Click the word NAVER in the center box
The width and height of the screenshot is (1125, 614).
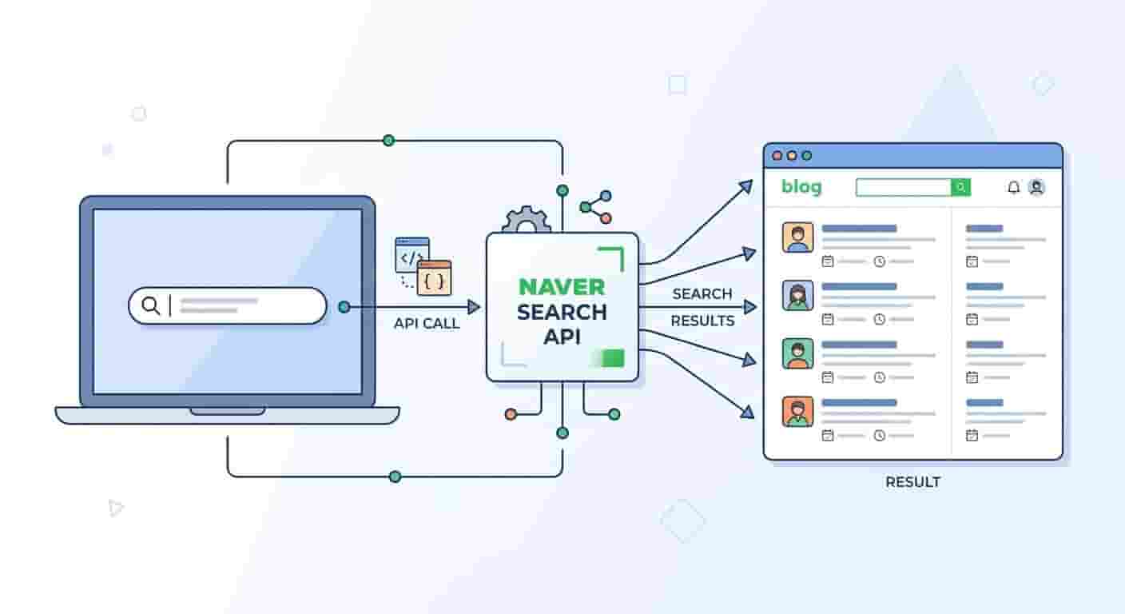[x=562, y=287]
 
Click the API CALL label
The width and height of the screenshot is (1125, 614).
[x=427, y=323]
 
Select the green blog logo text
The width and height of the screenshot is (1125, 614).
[x=801, y=186]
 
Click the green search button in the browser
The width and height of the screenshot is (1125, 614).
[x=960, y=187]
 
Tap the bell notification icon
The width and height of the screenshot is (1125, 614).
[x=1013, y=187]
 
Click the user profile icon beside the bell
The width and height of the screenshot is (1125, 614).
[x=1036, y=187]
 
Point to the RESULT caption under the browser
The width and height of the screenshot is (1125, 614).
[x=912, y=482]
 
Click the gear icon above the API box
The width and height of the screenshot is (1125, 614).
[x=526, y=220]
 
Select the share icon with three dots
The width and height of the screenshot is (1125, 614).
[x=596, y=207]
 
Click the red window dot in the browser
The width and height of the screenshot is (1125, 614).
[x=777, y=156]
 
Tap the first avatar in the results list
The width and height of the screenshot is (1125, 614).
[x=797, y=237]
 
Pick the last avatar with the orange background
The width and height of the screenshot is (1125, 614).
[x=797, y=412]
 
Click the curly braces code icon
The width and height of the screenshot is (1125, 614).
[x=435, y=278]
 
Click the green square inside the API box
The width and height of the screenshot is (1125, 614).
[x=613, y=358]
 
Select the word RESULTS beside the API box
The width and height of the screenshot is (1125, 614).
[x=702, y=321]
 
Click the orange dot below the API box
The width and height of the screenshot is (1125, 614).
[x=511, y=414]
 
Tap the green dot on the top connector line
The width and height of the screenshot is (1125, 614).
[x=389, y=141]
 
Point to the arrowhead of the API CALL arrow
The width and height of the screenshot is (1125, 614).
[x=474, y=307]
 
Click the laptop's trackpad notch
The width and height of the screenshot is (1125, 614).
[x=228, y=412]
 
